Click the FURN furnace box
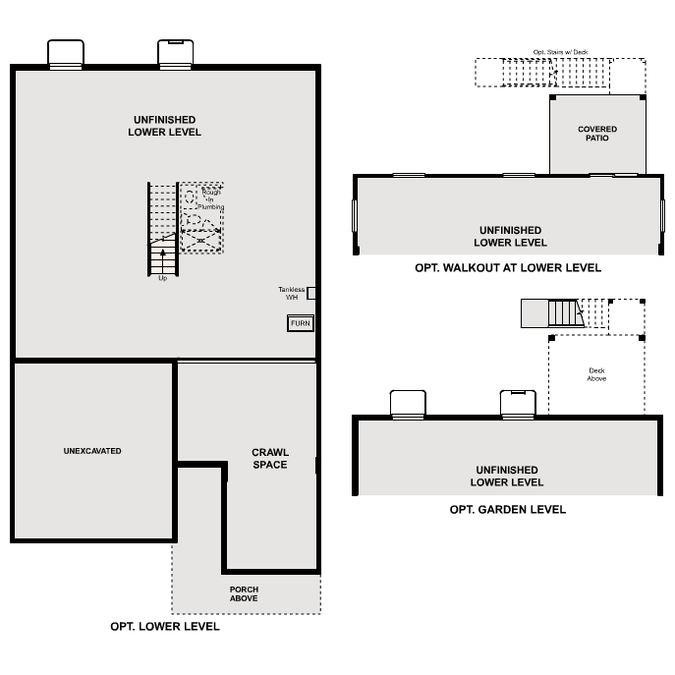tap(301, 323)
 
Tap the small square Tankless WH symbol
tap(311, 293)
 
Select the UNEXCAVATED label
tap(91, 451)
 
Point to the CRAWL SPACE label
tap(270, 458)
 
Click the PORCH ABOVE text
tap(244, 593)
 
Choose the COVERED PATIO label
tap(597, 134)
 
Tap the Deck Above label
tap(596, 374)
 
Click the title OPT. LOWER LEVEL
tap(165, 626)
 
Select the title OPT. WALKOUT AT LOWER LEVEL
tap(508, 267)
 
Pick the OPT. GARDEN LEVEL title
tap(508, 509)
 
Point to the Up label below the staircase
tap(163, 278)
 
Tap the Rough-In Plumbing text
tap(210, 199)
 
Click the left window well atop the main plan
tap(65, 54)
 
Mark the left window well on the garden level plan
tap(408, 404)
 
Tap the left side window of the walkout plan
tap(355, 215)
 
